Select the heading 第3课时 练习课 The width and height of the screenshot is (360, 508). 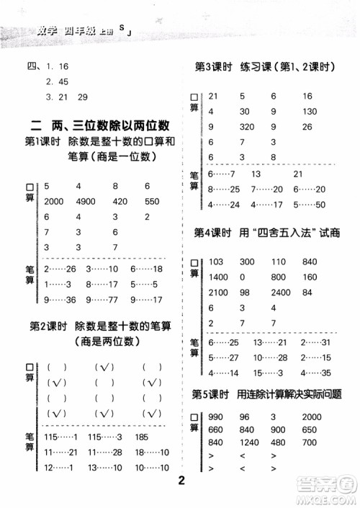(265, 67)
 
